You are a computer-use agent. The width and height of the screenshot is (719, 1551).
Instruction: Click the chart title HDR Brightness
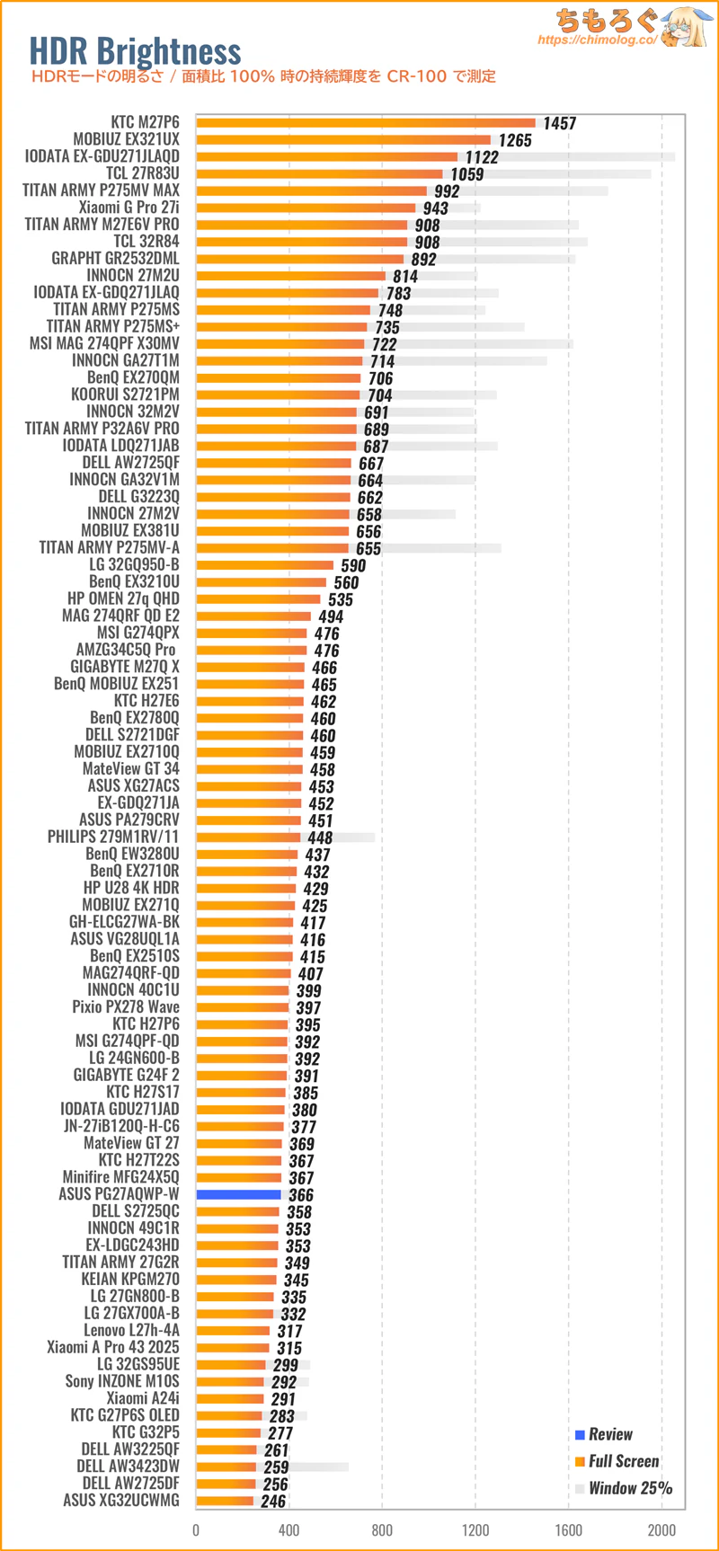point(135,51)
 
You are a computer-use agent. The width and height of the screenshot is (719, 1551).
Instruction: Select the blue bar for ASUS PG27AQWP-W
point(239,1194)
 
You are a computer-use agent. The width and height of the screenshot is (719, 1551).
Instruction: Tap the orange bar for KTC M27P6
point(365,123)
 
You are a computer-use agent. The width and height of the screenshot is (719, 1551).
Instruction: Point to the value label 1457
point(559,123)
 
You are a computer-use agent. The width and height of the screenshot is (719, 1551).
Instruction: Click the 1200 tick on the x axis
point(475,1530)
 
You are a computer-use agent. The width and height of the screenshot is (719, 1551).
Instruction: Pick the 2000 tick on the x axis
point(661,1530)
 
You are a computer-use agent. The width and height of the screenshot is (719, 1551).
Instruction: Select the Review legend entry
point(609,1434)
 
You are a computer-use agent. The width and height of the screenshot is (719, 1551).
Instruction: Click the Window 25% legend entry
point(629,1488)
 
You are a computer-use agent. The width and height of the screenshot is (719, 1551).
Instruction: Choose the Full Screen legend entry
point(623,1461)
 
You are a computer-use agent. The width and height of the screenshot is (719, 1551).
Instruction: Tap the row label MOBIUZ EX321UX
point(126,139)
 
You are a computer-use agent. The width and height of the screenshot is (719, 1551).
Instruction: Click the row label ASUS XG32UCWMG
point(120,1500)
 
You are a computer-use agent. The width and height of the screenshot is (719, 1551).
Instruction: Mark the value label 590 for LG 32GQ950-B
point(353,565)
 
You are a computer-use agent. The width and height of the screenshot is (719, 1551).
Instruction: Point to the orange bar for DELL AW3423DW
point(226,1467)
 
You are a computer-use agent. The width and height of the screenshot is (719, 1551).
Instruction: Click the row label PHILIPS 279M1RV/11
point(113,837)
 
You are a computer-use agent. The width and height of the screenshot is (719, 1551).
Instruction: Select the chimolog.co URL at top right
point(597,40)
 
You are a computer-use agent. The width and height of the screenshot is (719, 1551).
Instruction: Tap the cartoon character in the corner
point(685,27)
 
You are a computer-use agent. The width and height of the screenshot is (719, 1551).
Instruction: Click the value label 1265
point(515,140)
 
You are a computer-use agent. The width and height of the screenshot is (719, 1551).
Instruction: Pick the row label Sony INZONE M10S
point(121,1381)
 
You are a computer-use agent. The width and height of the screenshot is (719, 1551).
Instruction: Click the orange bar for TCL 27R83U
point(319,173)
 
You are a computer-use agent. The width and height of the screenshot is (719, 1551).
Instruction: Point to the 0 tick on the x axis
point(196,1530)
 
